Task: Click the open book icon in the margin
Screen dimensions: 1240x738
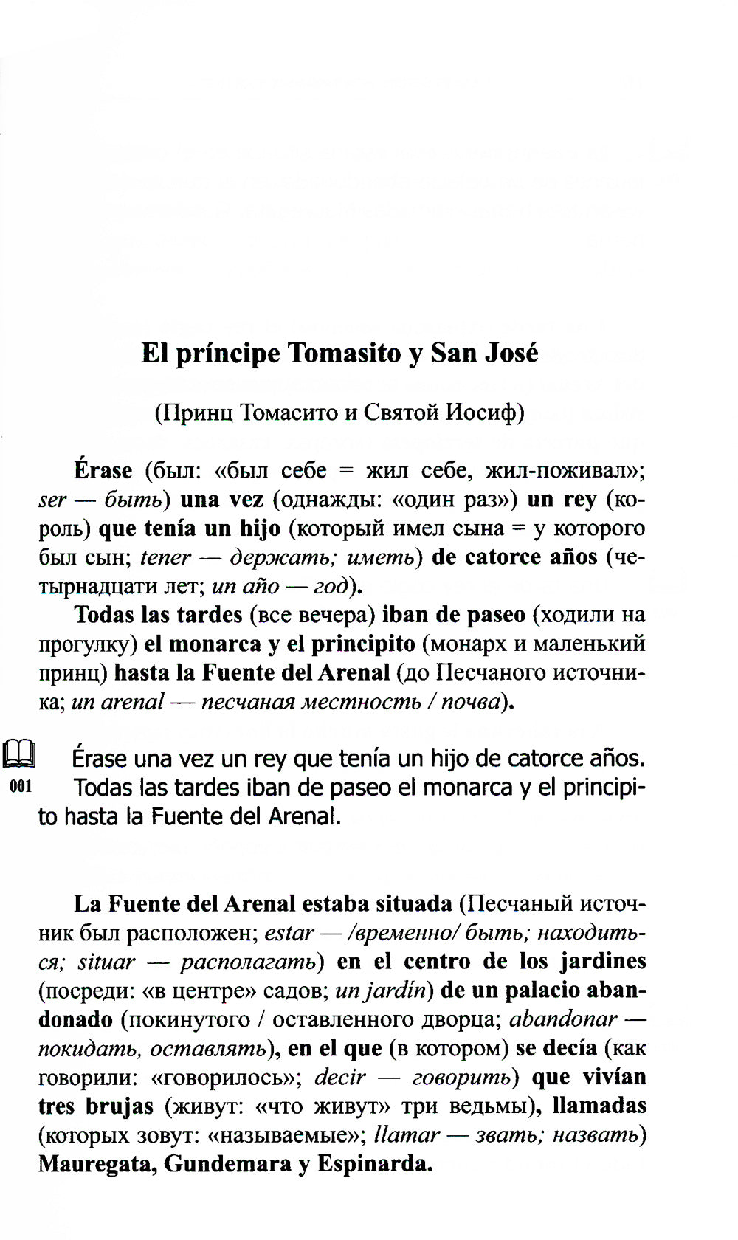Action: pyautogui.click(x=20, y=756)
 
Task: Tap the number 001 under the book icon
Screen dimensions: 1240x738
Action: pyautogui.click(x=21, y=786)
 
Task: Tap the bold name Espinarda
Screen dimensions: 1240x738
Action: pyautogui.click(x=373, y=1164)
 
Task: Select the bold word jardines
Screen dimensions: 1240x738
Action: pyautogui.click(x=602, y=961)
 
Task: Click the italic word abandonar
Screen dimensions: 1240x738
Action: pyautogui.click(x=563, y=1019)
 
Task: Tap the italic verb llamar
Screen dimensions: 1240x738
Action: pyautogui.click(x=407, y=1134)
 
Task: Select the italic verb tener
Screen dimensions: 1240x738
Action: pyautogui.click(x=165, y=557)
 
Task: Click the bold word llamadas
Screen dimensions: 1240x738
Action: pyautogui.click(x=599, y=1106)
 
